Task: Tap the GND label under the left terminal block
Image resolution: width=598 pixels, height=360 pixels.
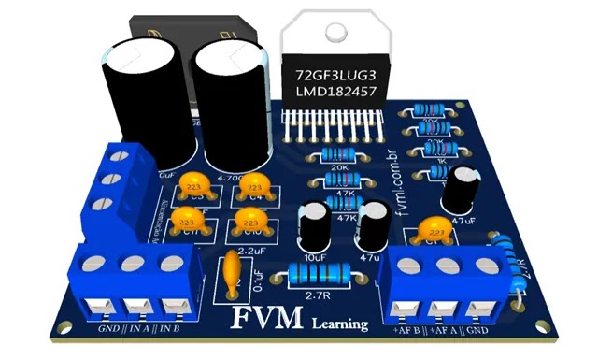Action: pyautogui.click(x=108, y=328)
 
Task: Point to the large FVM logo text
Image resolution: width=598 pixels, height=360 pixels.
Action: pyautogui.click(x=268, y=317)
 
